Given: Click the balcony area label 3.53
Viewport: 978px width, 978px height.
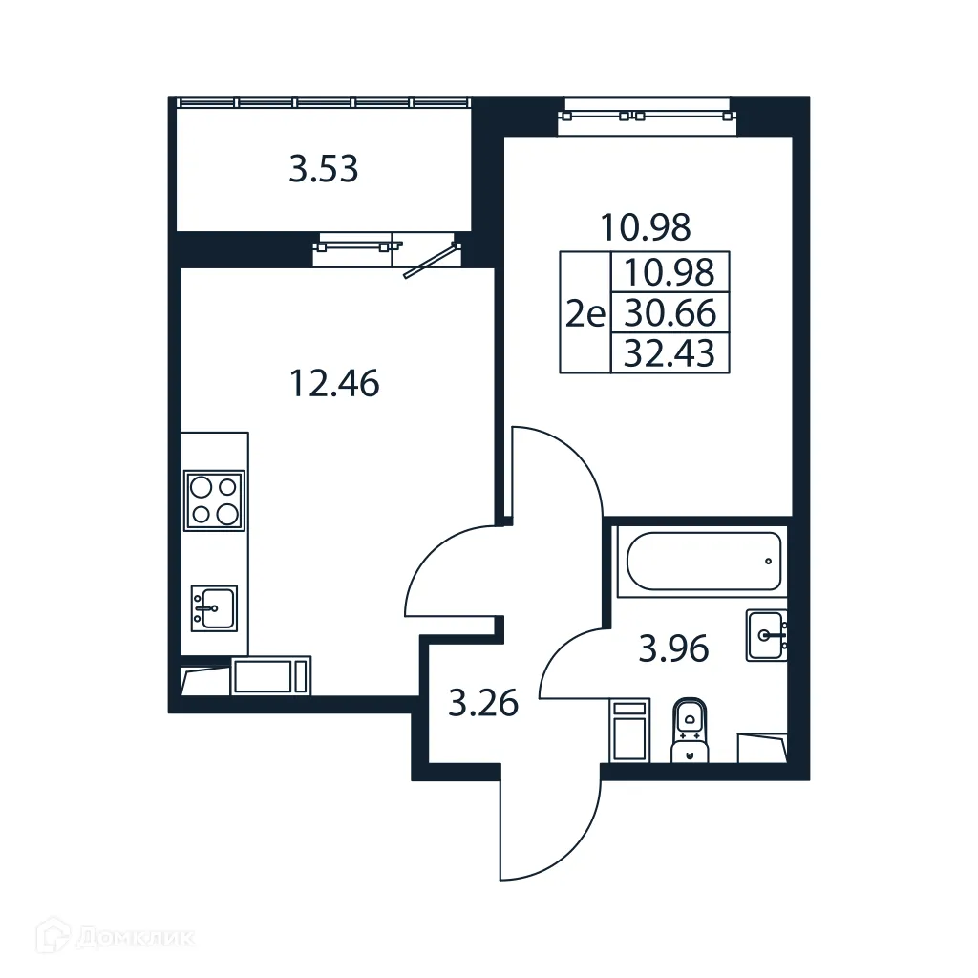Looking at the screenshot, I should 324,170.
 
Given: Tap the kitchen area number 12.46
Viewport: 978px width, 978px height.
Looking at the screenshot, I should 333,383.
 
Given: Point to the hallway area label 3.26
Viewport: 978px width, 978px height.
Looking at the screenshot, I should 483,705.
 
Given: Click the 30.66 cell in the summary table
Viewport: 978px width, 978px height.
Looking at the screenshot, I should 669,312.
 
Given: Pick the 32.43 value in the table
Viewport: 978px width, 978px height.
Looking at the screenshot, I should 669,353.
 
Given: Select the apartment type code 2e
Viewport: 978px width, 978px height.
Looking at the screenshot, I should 585,313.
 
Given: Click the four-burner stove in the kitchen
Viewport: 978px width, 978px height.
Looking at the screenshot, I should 214,500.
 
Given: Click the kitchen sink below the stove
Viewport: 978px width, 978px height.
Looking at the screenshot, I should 214,606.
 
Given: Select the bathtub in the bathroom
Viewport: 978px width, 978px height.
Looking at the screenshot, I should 704,562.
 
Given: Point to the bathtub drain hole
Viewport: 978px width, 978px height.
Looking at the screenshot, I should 769,561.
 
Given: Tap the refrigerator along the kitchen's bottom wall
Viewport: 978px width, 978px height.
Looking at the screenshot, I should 271,676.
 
